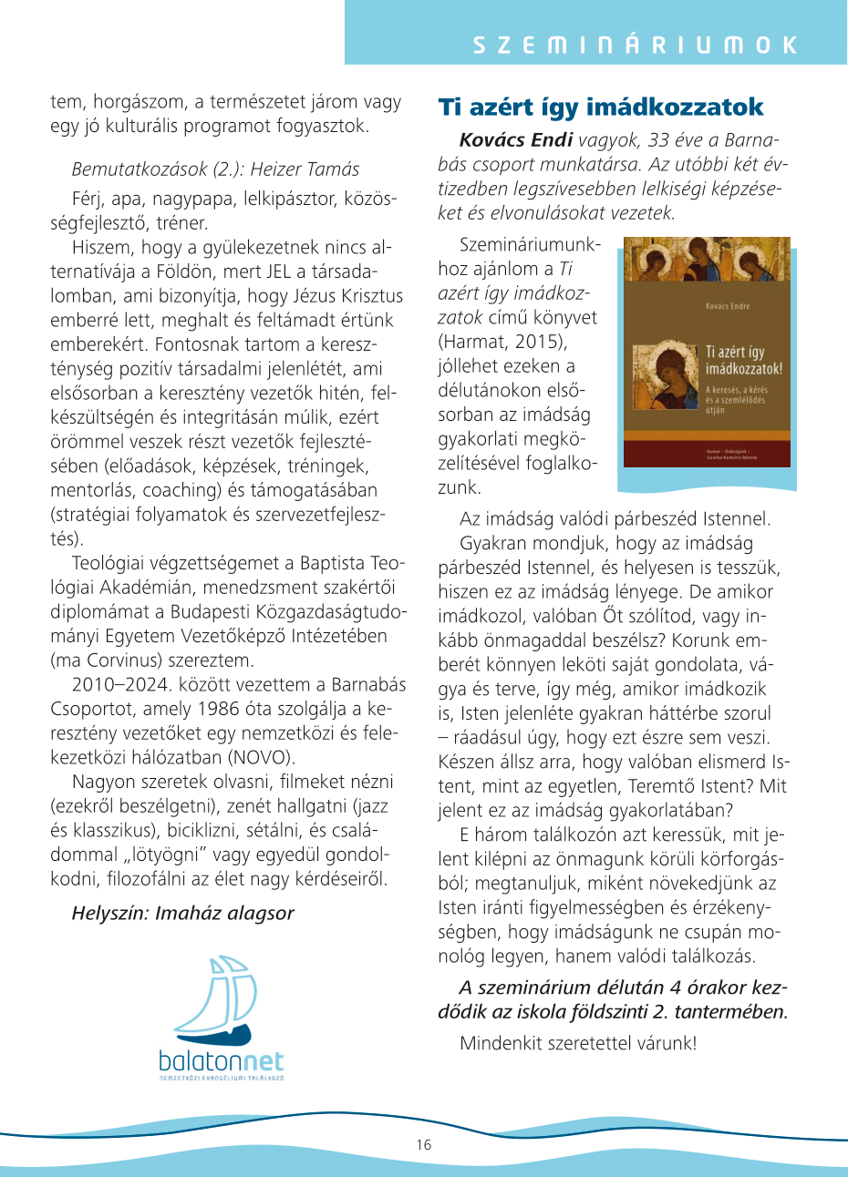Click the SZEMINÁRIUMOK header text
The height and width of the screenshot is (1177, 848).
click(x=635, y=45)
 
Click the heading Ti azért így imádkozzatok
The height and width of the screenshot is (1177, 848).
click(x=601, y=107)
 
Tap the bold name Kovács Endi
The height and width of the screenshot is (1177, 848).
click(x=516, y=140)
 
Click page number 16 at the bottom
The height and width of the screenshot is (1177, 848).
click(x=423, y=1145)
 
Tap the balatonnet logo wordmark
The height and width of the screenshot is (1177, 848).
click(x=221, y=1060)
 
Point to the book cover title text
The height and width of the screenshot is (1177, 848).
click(x=744, y=361)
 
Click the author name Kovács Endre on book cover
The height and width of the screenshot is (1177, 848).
click(x=728, y=306)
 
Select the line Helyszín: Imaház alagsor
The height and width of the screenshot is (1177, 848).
click(x=182, y=913)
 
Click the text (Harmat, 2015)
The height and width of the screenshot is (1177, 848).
click(x=502, y=342)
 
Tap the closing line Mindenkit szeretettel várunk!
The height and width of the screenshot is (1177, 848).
click(x=578, y=1043)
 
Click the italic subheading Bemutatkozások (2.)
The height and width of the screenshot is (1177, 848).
click(x=158, y=169)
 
